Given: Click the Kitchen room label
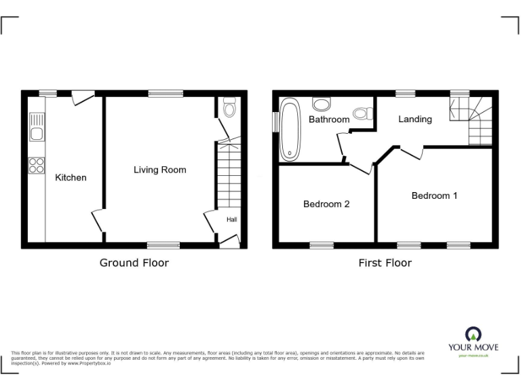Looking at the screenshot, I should [x=71, y=178].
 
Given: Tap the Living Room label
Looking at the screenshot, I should [x=159, y=170].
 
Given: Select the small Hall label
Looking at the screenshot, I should [x=231, y=219].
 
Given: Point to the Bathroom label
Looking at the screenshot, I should [x=329, y=119].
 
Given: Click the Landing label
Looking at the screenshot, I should [x=414, y=119].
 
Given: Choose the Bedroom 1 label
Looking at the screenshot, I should [x=434, y=195].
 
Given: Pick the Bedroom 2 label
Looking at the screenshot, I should [x=326, y=204].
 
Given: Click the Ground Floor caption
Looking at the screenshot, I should [x=134, y=263].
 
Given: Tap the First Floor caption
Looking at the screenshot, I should [x=385, y=263].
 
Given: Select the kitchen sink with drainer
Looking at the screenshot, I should [x=37, y=128].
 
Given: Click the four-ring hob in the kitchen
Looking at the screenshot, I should [x=37, y=164].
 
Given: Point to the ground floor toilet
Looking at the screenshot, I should [x=229, y=107].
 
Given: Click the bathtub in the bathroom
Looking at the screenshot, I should [x=290, y=129].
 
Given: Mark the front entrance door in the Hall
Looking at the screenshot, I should [x=230, y=239].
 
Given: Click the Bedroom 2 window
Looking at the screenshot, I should [x=323, y=244].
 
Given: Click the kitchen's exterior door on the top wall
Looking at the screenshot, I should [x=83, y=98].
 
